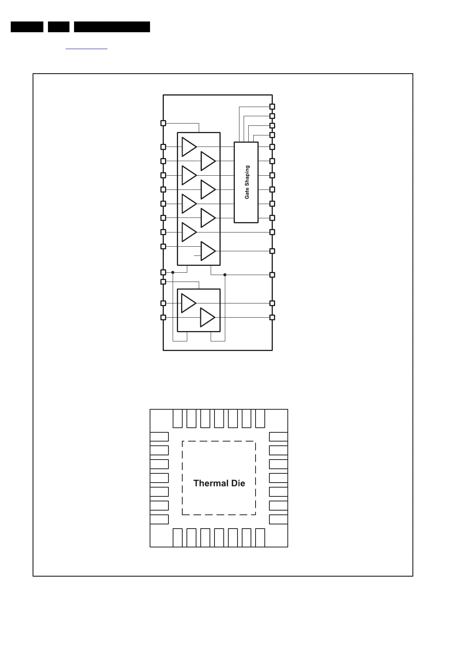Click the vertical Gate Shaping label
pos(247,182)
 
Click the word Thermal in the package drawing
pos(208,483)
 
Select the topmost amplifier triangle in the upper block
pos(189,147)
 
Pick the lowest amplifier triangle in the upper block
pos(208,251)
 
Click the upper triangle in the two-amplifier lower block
pos(188,303)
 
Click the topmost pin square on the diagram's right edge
pos(272,107)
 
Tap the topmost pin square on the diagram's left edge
pos(163,123)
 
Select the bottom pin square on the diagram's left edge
pos(163,318)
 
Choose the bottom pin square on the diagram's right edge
pos(272,318)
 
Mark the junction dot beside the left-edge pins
pos(173,272)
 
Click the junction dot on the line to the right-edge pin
pos(225,275)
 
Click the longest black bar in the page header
pos(112,27)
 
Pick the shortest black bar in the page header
pos(59,27)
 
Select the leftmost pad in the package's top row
pos(177,419)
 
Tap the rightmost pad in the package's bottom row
pos(260,537)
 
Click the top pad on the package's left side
pos(159,437)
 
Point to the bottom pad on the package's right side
pos(279,519)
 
